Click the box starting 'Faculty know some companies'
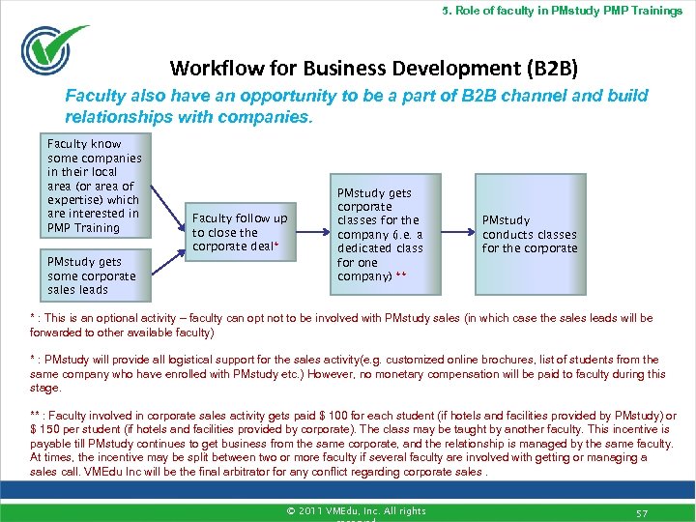(x=97, y=187)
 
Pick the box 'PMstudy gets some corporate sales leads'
(x=97, y=275)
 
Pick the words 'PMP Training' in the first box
(x=83, y=228)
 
